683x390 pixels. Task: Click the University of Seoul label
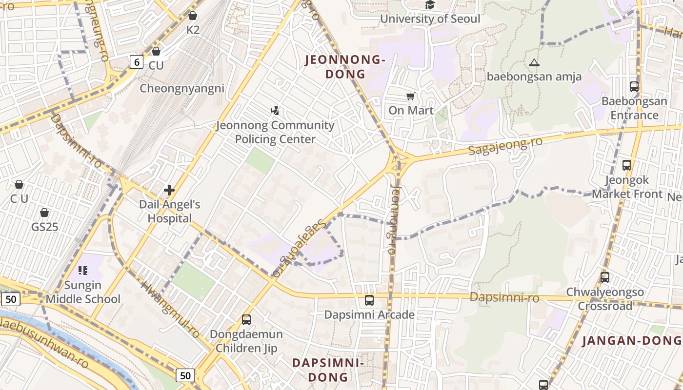[x=430, y=19]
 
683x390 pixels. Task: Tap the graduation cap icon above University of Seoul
[x=430, y=5]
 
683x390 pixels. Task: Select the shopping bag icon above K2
[x=193, y=16]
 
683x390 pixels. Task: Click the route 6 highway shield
[x=137, y=62]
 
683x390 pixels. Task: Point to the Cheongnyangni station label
[x=182, y=88]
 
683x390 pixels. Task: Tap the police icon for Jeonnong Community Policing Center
[x=275, y=110]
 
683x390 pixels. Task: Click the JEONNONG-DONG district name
[x=345, y=67]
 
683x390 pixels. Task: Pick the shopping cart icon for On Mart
[x=411, y=97]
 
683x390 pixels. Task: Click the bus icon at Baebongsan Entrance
[x=634, y=87]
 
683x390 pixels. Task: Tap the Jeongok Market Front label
[x=627, y=187]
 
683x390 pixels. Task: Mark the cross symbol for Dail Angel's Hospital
[x=169, y=190]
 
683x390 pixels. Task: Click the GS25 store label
[x=44, y=227]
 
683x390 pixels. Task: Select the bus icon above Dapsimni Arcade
[x=369, y=300]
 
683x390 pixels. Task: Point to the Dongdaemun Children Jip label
[x=246, y=341]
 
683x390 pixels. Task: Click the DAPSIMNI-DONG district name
[x=327, y=370]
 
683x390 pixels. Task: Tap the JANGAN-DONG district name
[x=632, y=341]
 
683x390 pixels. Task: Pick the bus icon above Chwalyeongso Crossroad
[x=605, y=277]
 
